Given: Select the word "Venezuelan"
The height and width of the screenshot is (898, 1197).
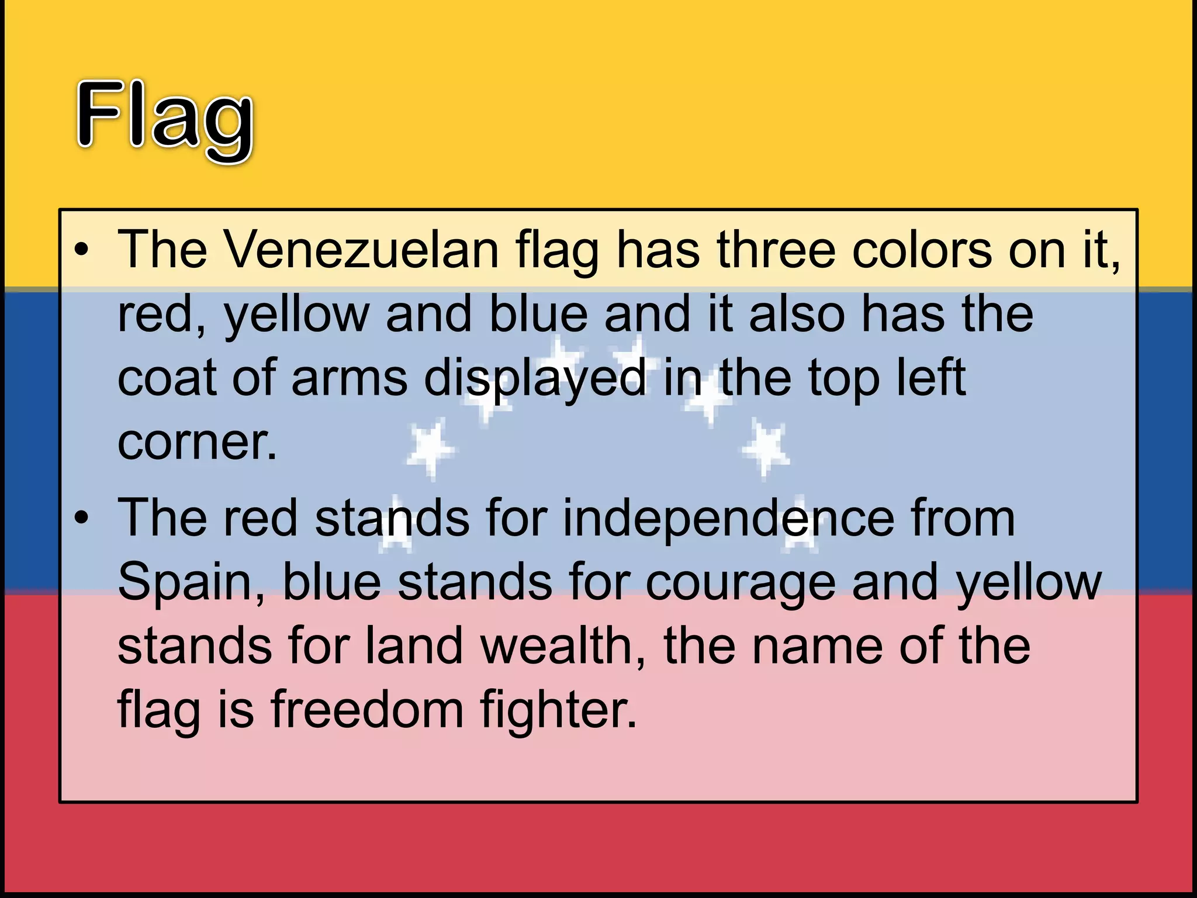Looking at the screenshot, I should click(x=361, y=250).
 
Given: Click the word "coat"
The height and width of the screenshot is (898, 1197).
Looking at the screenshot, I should click(x=167, y=378).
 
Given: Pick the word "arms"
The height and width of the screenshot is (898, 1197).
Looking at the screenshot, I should click(x=349, y=378).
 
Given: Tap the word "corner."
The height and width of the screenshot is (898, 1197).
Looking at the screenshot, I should click(x=197, y=443).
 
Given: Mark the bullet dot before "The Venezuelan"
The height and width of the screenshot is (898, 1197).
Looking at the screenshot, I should click(x=82, y=250).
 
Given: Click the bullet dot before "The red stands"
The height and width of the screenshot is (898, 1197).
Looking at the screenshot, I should click(x=82, y=519).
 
